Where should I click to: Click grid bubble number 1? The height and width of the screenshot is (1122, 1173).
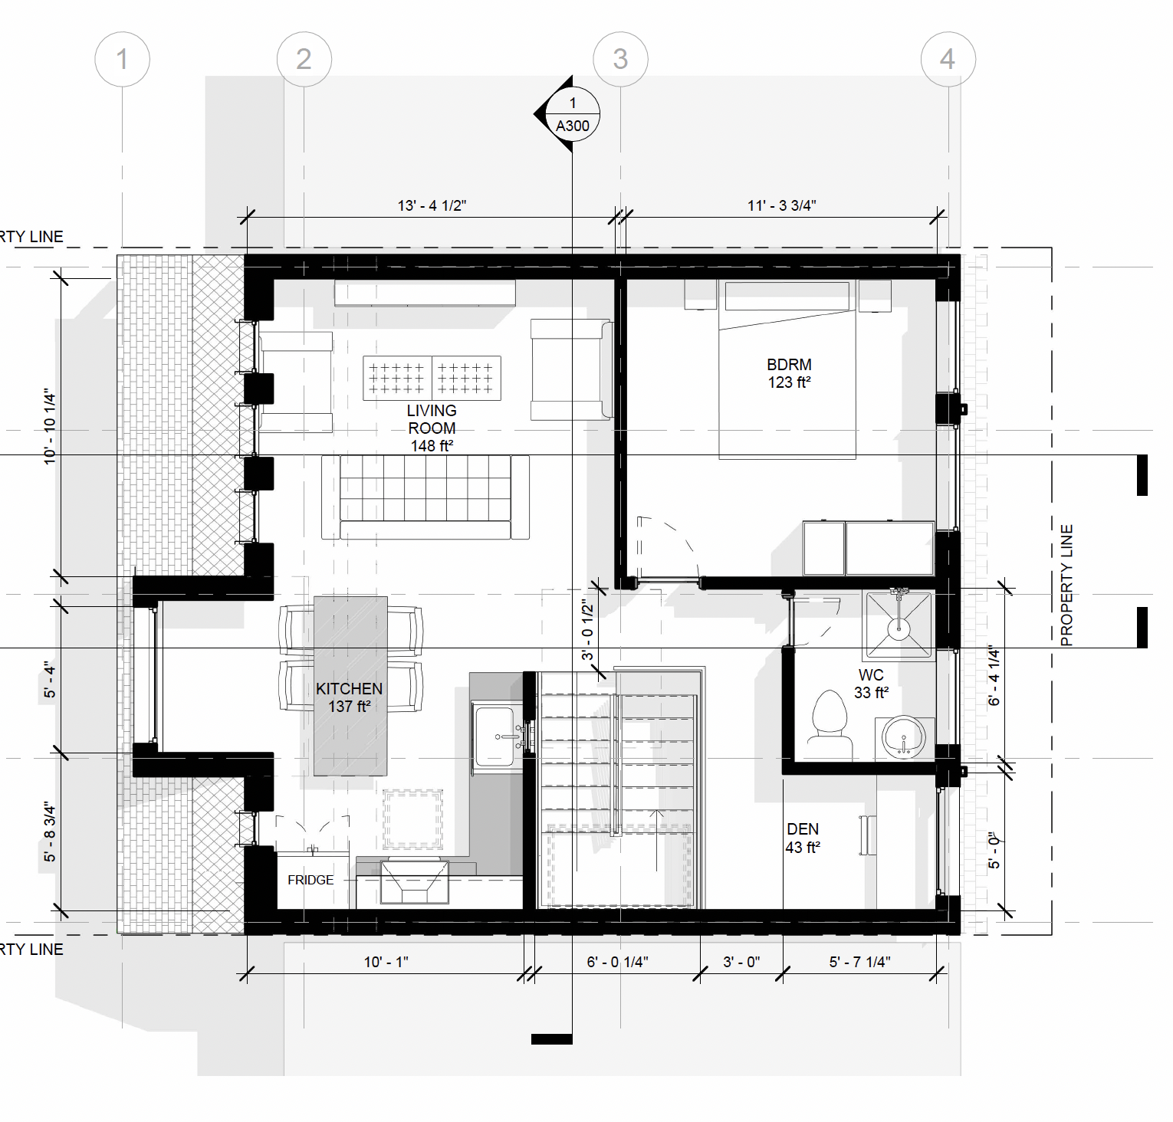(x=122, y=59)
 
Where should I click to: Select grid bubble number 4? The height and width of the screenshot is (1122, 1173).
(x=948, y=59)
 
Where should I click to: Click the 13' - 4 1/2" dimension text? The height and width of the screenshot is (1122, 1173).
(x=432, y=205)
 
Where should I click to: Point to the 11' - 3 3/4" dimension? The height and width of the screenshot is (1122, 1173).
(x=781, y=205)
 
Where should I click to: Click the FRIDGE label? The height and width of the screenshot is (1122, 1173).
(x=310, y=880)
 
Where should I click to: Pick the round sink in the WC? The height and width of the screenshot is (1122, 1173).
(x=904, y=738)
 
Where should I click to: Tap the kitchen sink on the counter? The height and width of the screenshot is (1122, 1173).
(x=495, y=737)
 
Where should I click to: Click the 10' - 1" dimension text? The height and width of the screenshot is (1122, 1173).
(x=386, y=962)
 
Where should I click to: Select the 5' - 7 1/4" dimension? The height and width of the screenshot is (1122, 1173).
(x=859, y=962)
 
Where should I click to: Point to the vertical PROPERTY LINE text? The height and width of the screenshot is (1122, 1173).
(x=1066, y=586)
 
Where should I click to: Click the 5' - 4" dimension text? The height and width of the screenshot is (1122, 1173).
(x=50, y=680)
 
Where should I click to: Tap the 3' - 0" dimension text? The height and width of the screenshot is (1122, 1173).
(x=741, y=962)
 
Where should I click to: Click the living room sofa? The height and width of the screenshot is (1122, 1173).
(x=426, y=497)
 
